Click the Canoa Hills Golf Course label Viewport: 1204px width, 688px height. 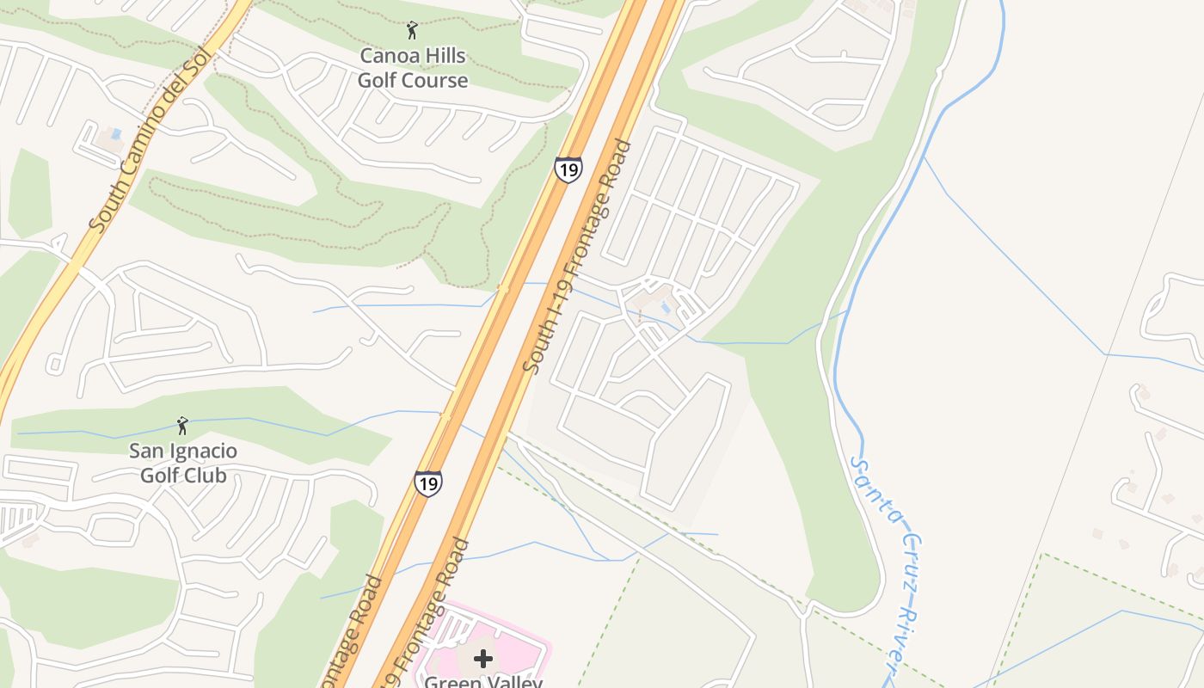coord(413,68)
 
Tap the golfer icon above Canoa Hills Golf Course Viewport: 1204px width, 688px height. coord(413,31)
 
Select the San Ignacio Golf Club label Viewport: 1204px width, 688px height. coord(183,463)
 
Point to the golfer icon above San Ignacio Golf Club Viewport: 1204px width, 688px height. coord(182,426)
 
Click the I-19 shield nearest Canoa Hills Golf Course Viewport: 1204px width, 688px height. coord(568,169)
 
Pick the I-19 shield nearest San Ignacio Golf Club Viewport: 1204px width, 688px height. coord(427,483)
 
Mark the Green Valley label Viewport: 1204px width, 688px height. coord(483,682)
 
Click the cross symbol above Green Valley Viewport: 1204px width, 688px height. coord(483,659)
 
